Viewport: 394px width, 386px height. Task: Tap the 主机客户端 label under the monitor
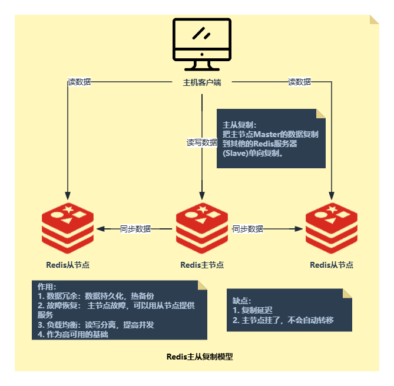pyautogui.click(x=201, y=82)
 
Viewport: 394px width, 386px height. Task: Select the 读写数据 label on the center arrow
pyautogui.click(x=202, y=142)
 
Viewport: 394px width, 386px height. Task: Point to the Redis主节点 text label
pyautogui.click(x=202, y=265)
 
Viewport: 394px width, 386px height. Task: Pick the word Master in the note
pyautogui.click(x=275, y=134)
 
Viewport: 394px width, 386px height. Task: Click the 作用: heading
pyautogui.click(x=47, y=287)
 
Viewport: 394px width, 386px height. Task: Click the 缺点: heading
pyautogui.click(x=242, y=301)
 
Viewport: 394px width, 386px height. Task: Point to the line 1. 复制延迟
pyautogui.click(x=253, y=310)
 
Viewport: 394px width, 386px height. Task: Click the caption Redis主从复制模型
pyautogui.click(x=200, y=357)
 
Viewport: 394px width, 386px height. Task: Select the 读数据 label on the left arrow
pyautogui.click(x=80, y=82)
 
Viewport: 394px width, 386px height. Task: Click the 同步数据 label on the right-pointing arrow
pyautogui.click(x=247, y=229)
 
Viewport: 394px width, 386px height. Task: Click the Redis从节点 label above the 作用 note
pyautogui.click(x=68, y=265)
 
